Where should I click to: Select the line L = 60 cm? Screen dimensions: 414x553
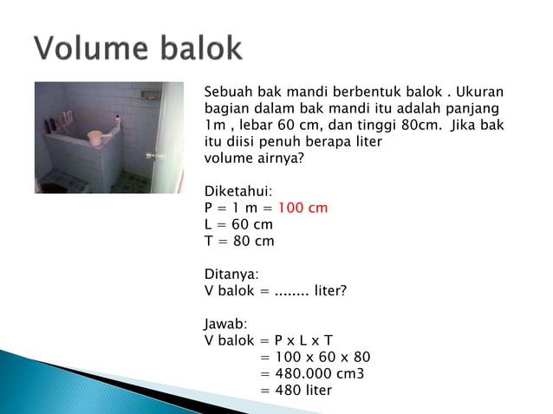coord(238,224)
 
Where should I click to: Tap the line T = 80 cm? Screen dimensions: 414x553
coord(238,241)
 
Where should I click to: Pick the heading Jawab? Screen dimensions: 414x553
coord(226,324)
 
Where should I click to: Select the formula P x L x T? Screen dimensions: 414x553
coord(303,340)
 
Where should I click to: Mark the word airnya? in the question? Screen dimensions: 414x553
coord(278,158)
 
